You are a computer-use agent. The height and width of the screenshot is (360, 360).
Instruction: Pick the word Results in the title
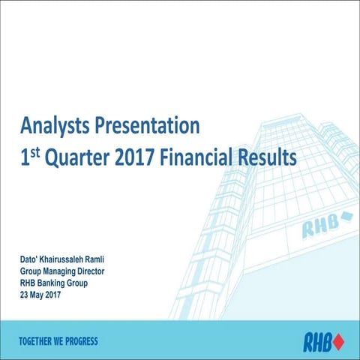point(268,158)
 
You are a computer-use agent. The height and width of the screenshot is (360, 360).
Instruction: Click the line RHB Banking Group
point(58,283)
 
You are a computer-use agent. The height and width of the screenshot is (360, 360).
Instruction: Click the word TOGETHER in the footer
point(38,341)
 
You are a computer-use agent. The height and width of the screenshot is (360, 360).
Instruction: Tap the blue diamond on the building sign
point(346,218)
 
